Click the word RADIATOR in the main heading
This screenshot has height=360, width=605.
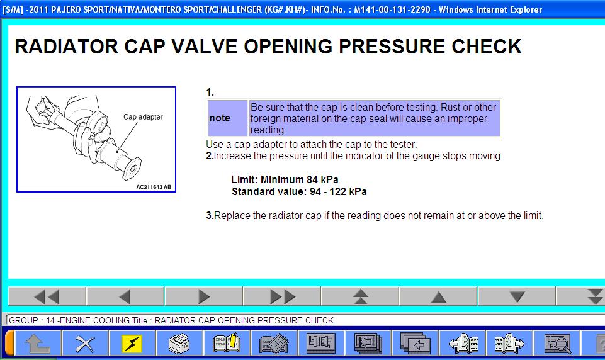coord(67,47)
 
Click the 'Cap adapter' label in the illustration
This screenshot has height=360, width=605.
coord(143,117)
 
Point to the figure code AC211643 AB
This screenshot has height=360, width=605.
coord(154,187)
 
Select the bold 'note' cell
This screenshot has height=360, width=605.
coord(227,118)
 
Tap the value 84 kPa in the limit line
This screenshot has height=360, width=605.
coord(322,179)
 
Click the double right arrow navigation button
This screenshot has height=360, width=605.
coord(282,296)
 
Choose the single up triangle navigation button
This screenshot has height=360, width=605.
coord(438,296)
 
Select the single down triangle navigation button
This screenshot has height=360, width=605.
coord(517,296)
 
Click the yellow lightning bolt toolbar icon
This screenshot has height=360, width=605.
coord(132,343)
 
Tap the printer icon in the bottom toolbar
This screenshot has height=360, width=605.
coord(179,343)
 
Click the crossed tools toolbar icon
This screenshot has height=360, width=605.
coord(85,343)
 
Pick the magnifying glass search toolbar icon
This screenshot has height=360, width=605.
coord(557,343)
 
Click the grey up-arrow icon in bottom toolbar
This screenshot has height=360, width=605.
coord(37,343)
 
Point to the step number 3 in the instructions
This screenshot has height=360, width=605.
coord(210,216)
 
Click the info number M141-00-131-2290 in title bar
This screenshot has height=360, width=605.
coord(392,9)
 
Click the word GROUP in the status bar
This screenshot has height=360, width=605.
coord(23,320)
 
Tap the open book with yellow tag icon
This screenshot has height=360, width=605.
coord(227,343)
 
